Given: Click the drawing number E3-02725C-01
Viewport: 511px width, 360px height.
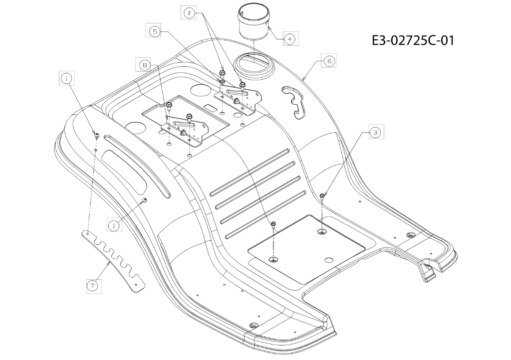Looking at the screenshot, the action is click(413, 41).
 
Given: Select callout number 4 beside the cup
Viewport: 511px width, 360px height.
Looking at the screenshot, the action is click(290, 39).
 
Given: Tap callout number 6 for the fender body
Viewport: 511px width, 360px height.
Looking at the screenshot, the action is click(329, 60).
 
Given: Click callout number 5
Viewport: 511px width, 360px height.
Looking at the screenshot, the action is click(155, 31).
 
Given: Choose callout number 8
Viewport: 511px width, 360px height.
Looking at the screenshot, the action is click(144, 65).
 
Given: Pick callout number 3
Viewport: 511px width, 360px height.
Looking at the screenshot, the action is click(376, 132).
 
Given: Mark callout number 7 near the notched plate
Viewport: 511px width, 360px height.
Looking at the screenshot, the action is click(93, 286).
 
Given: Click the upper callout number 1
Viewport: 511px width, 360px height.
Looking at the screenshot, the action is click(66, 78).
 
